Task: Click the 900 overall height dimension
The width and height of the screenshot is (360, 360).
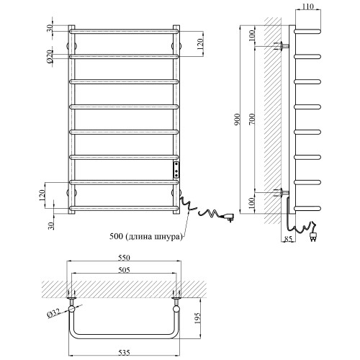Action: (238, 120)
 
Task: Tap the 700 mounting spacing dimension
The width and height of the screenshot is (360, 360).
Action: (252, 119)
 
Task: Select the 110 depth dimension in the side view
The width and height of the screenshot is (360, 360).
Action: (307, 6)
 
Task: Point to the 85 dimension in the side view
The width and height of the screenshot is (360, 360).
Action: (288, 239)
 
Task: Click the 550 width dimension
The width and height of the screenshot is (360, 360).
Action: (124, 258)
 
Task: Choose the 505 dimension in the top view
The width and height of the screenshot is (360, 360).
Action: (124, 270)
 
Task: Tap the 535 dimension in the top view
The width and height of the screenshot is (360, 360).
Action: (124, 353)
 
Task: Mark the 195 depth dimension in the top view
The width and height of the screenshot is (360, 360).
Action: (197, 318)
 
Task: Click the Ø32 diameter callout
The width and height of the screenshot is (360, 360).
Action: (53, 313)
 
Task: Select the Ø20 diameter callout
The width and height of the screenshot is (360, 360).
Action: (50, 56)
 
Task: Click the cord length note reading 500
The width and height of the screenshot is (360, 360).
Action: (145, 237)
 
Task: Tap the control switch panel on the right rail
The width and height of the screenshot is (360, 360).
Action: (176, 170)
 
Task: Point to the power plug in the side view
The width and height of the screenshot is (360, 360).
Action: (312, 235)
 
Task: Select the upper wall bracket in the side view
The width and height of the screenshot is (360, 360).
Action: (282, 45)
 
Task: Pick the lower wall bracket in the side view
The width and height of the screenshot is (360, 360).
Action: (282, 192)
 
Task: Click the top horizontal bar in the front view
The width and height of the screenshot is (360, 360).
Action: (124, 31)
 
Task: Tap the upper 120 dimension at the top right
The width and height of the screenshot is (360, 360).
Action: (200, 44)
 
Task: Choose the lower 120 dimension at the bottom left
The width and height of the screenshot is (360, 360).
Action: (41, 195)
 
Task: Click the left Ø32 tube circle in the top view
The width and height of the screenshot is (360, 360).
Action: (71, 309)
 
